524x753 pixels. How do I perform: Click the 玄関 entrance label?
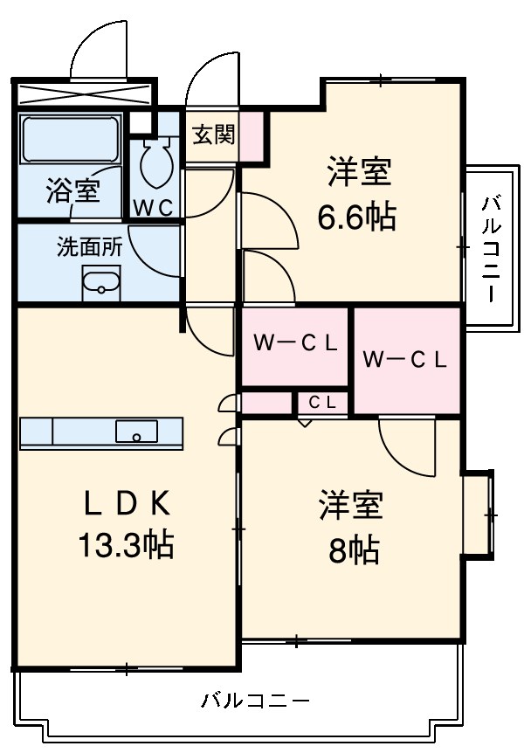pyautogui.click(x=213, y=135)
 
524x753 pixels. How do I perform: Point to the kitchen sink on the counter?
pyautogui.click(x=137, y=432)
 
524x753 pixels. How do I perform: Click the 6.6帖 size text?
pyautogui.click(x=356, y=215)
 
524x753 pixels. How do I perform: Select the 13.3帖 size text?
pyautogui.click(x=126, y=545)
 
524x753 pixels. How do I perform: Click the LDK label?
pyautogui.click(x=126, y=503)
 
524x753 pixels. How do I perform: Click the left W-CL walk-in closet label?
pyautogui.click(x=295, y=343)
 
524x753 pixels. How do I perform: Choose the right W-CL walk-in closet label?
pyautogui.click(x=404, y=358)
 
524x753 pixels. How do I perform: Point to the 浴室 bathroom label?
pyautogui.click(x=72, y=191)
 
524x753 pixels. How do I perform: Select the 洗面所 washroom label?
pyautogui.click(x=90, y=246)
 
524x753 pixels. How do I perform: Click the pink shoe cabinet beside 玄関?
pyautogui.click(x=252, y=136)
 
